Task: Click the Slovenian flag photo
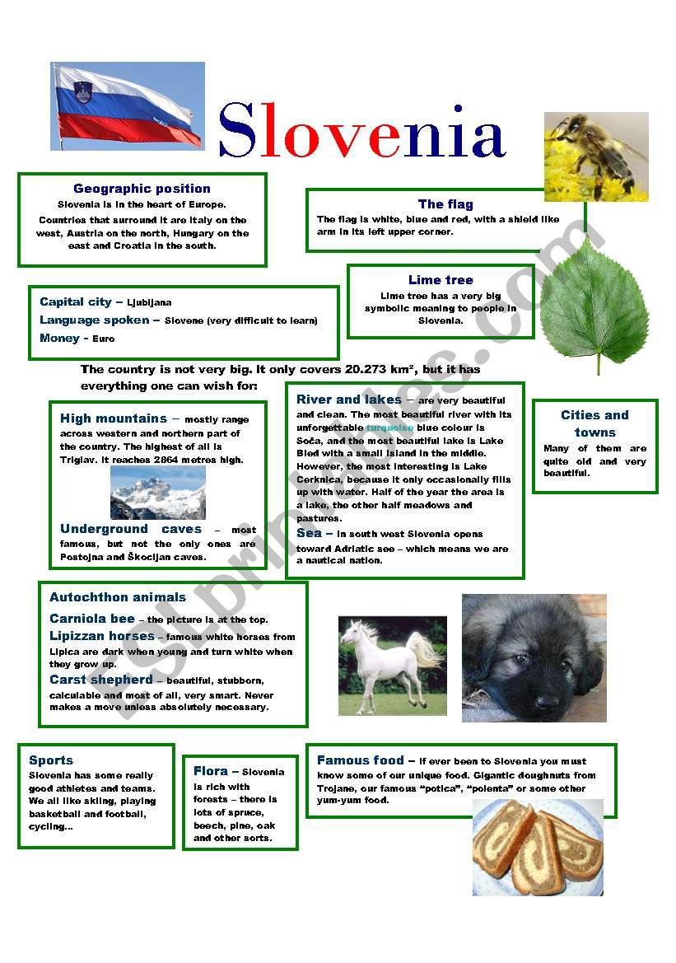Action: coord(128,106)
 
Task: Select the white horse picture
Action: coord(392,665)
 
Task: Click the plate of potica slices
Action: coord(538,847)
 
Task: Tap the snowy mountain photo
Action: coord(157,492)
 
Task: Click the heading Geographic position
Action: coord(142,189)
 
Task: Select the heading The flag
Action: coord(445,204)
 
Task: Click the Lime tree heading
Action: coord(441,280)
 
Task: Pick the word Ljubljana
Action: coord(149,303)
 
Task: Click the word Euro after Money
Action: coord(104,339)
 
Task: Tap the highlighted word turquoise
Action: coord(389,428)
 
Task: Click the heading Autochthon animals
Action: coord(118,597)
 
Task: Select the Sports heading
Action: coord(51,760)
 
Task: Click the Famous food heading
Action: coord(361,760)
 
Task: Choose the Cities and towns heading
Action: coord(594,423)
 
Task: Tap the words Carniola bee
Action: coord(91,619)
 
